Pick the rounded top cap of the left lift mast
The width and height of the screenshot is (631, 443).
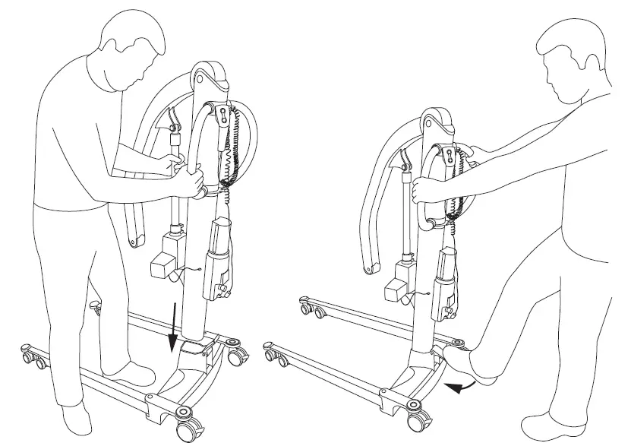210,75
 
